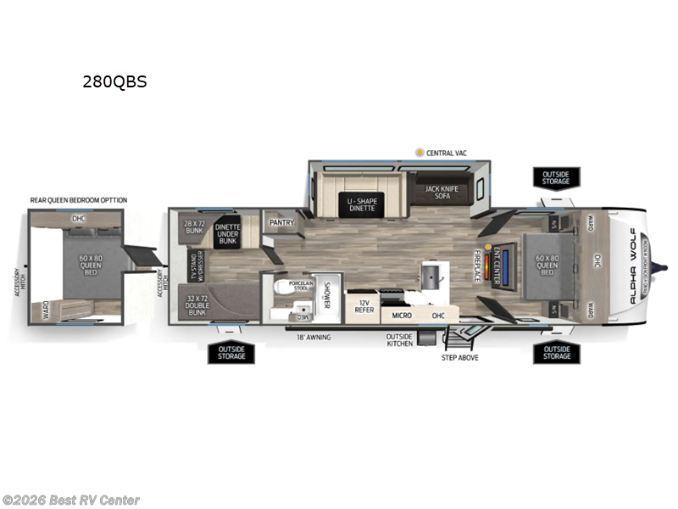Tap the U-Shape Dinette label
(361, 204)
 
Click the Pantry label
(281, 222)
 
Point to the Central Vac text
(447, 153)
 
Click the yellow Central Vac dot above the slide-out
(420, 153)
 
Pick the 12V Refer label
(364, 306)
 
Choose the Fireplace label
(478, 266)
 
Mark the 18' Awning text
(313, 337)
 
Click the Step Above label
(459, 357)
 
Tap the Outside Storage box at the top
(556, 177)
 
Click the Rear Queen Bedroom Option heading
(78, 200)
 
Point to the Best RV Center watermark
(71, 501)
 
